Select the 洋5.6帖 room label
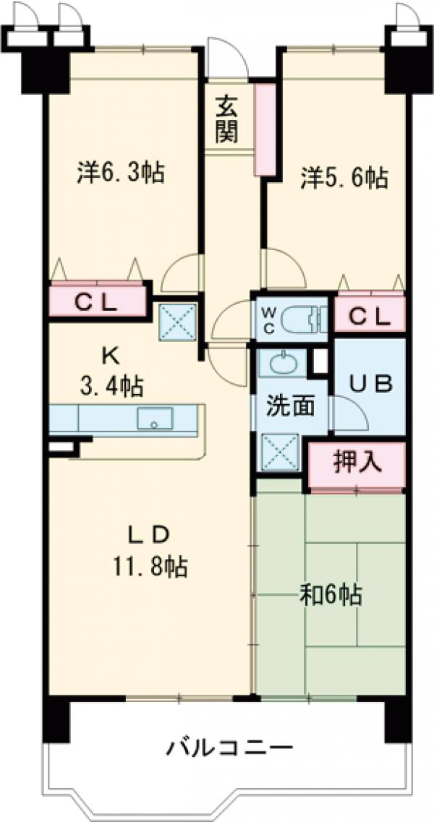point(344,178)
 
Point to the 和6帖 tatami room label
point(330,596)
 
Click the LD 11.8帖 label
point(149,551)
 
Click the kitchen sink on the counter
point(154,419)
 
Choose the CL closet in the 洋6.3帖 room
point(98,301)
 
